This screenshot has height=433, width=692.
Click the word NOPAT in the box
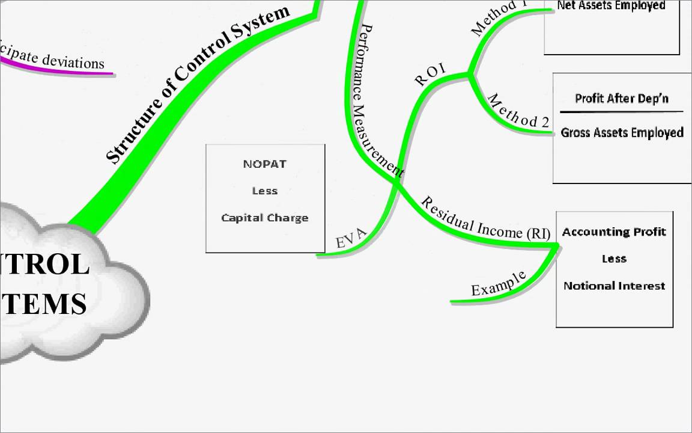click(265, 164)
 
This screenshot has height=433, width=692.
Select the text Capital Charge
click(265, 218)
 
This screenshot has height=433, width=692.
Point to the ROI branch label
click(430, 75)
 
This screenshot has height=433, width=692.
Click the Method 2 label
click(518, 111)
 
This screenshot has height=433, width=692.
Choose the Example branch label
click(499, 283)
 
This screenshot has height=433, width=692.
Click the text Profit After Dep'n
click(622, 98)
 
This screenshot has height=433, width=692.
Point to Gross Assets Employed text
click(622, 132)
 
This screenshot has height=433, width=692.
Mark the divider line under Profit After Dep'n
click(622, 112)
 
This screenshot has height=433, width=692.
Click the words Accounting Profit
click(614, 232)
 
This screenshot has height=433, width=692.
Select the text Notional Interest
click(614, 286)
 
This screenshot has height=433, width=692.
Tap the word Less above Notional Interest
click(614, 259)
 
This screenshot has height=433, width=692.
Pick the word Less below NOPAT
click(265, 191)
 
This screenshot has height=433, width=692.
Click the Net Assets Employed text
click(612, 5)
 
